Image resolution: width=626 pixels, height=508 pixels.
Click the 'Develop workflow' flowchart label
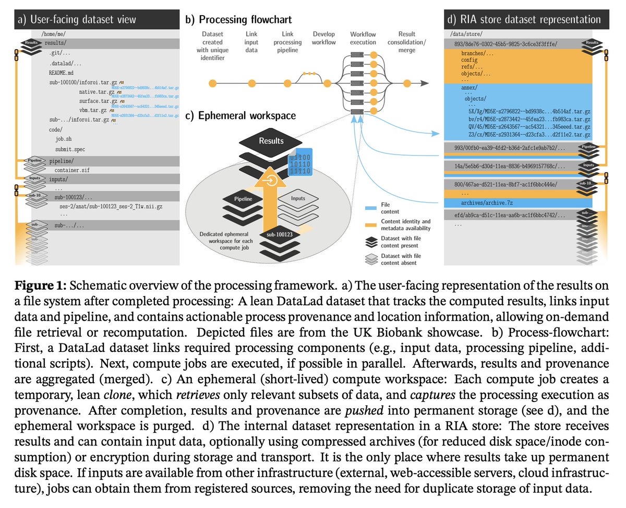point(323,38)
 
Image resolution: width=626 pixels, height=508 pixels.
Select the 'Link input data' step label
point(251,42)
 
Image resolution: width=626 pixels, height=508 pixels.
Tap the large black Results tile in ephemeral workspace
point(271,141)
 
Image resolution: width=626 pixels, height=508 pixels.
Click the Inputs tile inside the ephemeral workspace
point(298,199)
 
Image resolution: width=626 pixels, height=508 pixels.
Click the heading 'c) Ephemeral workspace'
point(240,115)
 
